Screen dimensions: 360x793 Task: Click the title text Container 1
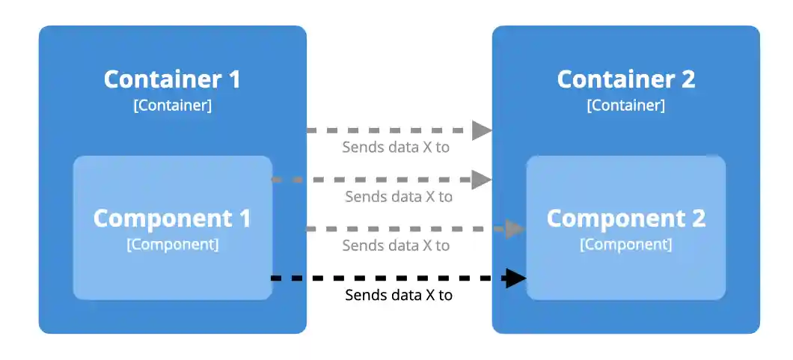172,79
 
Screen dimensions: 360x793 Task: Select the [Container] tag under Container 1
172,106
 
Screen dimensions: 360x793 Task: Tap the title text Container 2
625,79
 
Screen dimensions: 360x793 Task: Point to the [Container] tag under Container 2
625,106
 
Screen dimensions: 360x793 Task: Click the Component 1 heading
172,219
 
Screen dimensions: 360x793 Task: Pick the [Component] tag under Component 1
172,245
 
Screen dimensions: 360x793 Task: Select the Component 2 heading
625,219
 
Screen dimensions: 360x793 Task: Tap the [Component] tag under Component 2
625,245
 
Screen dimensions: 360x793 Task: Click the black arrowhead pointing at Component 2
515,279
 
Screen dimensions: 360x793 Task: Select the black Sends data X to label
399,296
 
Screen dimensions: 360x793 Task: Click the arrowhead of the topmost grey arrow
482,130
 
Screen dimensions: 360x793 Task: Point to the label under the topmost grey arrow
396,147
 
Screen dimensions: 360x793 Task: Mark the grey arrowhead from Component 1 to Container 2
482,180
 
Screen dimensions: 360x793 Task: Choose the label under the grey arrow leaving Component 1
399,197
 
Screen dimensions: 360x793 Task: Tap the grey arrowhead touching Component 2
515,229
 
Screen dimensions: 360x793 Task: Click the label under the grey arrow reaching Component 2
396,245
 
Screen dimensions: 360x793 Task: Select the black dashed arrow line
389,279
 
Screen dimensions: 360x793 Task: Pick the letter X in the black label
430,296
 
